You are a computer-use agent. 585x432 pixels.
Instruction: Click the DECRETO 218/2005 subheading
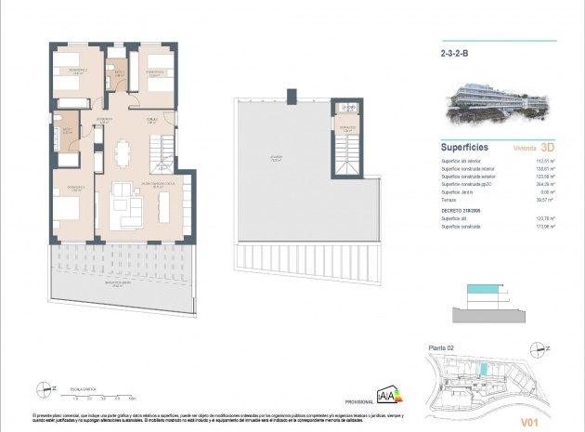(460, 210)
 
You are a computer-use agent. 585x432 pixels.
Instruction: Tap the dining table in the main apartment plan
(123, 151)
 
